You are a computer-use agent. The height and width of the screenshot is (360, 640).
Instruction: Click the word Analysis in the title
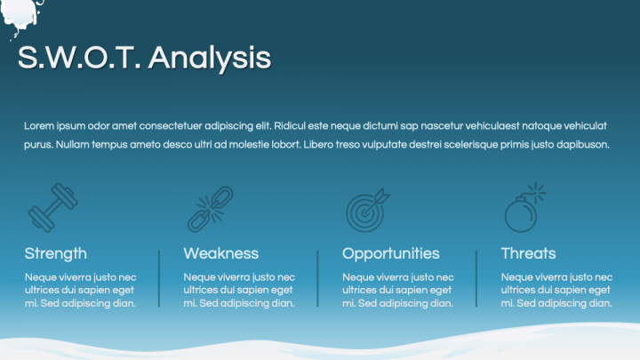point(210,58)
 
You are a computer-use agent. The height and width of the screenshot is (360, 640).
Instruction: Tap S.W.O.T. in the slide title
point(79,57)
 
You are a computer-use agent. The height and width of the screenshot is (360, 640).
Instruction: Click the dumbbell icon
point(52,207)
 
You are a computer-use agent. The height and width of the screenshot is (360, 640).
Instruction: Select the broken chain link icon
point(211,209)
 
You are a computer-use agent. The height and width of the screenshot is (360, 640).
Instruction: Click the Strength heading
point(55,253)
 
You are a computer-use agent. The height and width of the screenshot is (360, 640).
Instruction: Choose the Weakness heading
point(220,253)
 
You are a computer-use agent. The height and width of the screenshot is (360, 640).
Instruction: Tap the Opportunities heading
point(390,254)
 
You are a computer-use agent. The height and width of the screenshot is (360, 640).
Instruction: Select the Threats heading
point(528,253)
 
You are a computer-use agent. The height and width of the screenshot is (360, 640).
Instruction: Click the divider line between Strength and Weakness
point(159,279)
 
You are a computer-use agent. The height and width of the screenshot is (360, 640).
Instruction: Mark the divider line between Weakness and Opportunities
point(317,279)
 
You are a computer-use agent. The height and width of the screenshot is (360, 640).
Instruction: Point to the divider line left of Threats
point(476,279)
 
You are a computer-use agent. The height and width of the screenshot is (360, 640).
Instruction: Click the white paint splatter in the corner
point(20,15)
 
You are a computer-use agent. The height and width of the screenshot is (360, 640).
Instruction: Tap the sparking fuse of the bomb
point(536,192)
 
